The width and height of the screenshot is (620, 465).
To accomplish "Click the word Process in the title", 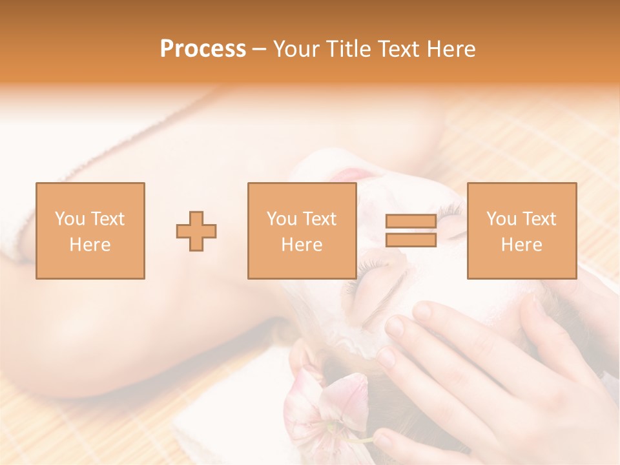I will tap(203, 49).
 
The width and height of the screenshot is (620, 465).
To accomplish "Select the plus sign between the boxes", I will tap(196, 231).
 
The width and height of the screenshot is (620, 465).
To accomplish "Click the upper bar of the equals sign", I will tap(411, 222).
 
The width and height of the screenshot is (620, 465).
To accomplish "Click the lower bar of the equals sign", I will tap(411, 240).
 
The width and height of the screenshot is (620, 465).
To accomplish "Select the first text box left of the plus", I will tap(90, 231).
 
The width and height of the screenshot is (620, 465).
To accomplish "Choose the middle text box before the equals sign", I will tap(302, 231).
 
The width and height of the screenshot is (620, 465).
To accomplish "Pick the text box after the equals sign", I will tap(522, 231).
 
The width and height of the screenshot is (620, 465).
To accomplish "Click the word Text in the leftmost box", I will tap(108, 219).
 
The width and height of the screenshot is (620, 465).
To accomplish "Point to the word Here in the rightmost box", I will tap(522, 245).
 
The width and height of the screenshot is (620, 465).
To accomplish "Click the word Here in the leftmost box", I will tap(90, 245).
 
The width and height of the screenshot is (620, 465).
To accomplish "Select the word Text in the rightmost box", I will tap(539, 219).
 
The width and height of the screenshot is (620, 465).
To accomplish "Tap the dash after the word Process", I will tap(260, 49).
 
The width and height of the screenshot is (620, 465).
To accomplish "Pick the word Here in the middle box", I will tap(302, 245).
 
